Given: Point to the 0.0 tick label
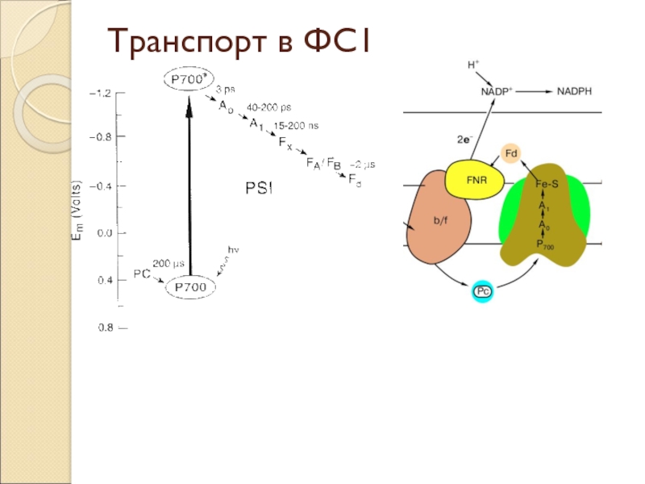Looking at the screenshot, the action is pyautogui.click(x=105, y=233).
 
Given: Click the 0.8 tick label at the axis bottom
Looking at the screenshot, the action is pyautogui.click(x=105, y=328).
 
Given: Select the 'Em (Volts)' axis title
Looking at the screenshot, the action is pyautogui.click(x=76, y=211).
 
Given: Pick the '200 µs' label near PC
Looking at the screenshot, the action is pyautogui.click(x=169, y=264).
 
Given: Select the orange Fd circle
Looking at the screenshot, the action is pyautogui.click(x=511, y=153).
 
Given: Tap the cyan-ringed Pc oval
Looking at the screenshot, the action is pyautogui.click(x=482, y=291).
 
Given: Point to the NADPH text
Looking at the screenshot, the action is pyautogui.click(x=574, y=91).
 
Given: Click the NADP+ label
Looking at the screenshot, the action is pyautogui.click(x=498, y=91).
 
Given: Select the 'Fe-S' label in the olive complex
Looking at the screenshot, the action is pyautogui.click(x=547, y=184).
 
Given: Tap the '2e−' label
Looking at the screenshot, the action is pyautogui.click(x=464, y=139).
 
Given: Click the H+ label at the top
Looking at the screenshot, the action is pyautogui.click(x=473, y=65).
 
